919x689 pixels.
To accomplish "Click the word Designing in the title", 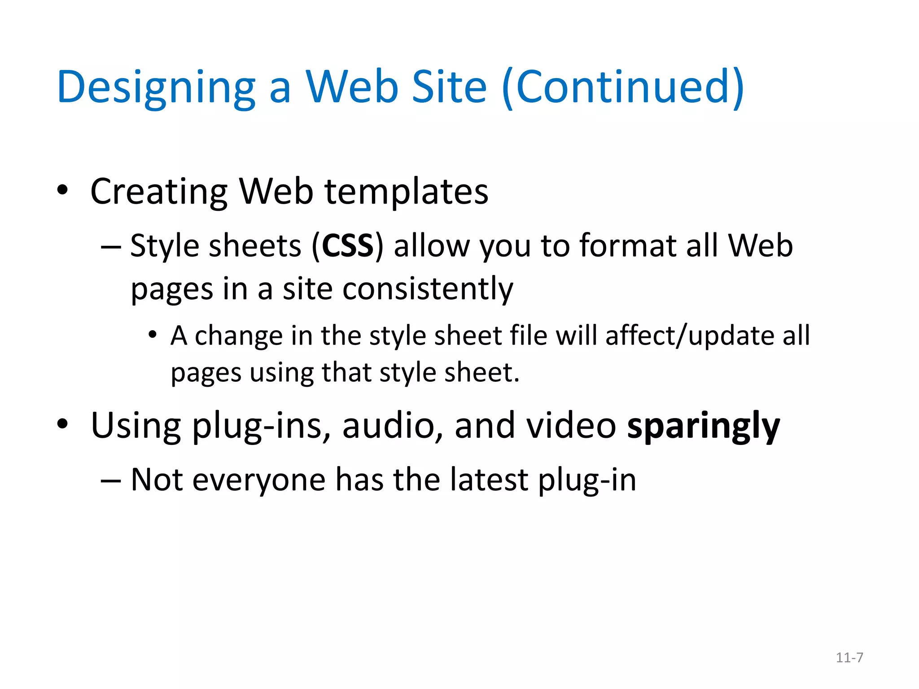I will point(156,87).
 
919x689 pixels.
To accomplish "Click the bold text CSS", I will point(348,246).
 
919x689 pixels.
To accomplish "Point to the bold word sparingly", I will point(703,426).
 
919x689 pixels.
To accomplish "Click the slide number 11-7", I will point(849,658).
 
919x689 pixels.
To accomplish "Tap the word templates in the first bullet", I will point(406,192).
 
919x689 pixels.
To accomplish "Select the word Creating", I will point(159,192).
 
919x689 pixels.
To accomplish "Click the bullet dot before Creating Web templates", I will point(62,190).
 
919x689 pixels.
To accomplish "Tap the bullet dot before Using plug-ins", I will point(62,424).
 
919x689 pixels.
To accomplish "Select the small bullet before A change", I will point(153,335).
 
